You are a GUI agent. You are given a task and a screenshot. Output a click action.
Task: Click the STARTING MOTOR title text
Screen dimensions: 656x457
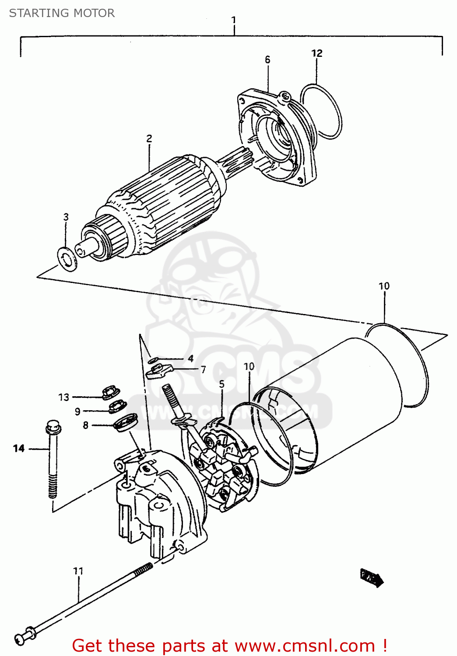[62, 13]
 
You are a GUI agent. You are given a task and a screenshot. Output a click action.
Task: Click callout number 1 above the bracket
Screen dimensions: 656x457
[234, 20]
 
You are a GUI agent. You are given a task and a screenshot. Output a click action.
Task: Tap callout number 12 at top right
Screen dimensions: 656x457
[316, 53]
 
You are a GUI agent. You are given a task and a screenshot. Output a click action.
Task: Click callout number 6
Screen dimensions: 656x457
[267, 60]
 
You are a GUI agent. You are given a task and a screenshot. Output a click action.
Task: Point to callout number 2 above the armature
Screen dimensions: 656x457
[149, 139]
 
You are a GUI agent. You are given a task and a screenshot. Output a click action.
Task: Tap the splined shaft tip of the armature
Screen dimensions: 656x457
[236, 160]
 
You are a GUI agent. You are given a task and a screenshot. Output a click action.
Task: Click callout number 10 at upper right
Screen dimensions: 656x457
[384, 286]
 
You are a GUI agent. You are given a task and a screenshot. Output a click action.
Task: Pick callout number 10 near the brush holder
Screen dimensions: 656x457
[249, 366]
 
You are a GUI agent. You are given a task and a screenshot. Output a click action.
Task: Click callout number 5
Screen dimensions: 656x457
[221, 384]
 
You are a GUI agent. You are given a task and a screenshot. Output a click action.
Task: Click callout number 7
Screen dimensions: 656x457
[203, 370]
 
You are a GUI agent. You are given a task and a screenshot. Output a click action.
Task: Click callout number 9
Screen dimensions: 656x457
[77, 412]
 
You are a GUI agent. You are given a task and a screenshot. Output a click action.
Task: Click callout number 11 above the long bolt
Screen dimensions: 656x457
[78, 571]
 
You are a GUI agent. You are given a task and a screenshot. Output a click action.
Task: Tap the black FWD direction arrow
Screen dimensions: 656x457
[372, 578]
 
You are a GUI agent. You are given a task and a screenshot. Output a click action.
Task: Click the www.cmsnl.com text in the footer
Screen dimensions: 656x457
[305, 646]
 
